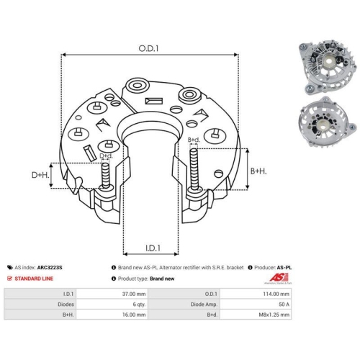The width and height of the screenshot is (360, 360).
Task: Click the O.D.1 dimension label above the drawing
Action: click(x=148, y=48)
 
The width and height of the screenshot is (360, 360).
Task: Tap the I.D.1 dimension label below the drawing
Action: click(x=153, y=248)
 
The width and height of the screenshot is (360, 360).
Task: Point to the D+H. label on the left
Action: click(x=40, y=175)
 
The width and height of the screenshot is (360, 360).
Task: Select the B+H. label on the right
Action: click(x=258, y=171)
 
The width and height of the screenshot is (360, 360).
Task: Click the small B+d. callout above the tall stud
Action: click(x=194, y=140)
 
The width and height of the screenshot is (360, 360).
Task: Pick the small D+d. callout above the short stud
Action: click(x=106, y=156)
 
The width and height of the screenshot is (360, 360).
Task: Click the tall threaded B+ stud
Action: click(x=194, y=169)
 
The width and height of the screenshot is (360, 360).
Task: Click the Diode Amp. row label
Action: click(x=204, y=305)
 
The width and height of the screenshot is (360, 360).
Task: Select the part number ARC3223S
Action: click(x=50, y=267)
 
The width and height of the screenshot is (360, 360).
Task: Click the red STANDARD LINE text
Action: click(x=34, y=279)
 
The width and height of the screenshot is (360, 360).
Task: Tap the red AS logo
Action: click(x=279, y=278)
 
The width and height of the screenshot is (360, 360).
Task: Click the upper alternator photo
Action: click(x=325, y=67)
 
